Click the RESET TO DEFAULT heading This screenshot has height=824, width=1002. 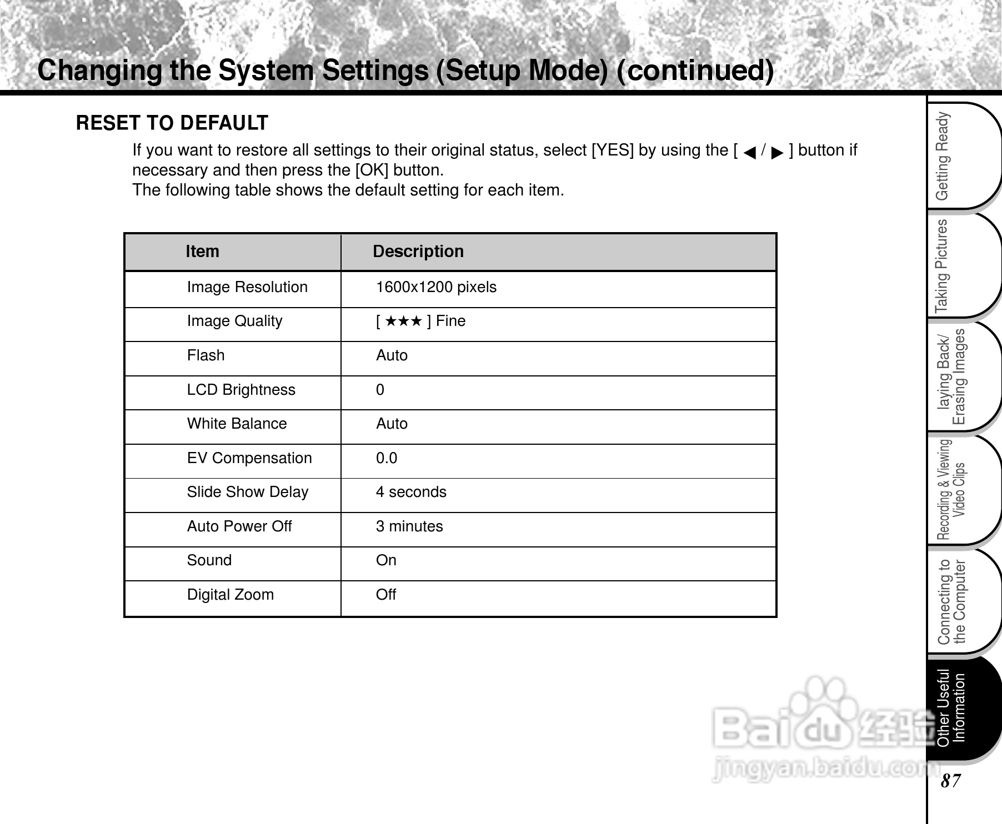coord(172,123)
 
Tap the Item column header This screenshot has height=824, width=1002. coord(202,252)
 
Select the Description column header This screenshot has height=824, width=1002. coord(418,252)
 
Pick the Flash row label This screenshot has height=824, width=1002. coord(206,355)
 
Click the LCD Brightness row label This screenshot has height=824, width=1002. coord(241,390)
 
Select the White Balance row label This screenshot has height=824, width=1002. coord(237,424)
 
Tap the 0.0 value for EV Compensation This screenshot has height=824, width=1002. coord(386,458)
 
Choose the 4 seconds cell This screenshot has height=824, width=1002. coord(410,492)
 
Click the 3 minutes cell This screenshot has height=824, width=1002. coord(409,526)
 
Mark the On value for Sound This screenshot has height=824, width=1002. coord(385,560)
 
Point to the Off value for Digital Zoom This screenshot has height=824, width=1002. coord(385,595)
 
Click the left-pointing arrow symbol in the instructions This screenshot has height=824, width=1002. coord(749,152)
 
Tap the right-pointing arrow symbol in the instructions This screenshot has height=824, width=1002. coord(777,152)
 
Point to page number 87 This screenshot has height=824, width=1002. coord(950,781)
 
